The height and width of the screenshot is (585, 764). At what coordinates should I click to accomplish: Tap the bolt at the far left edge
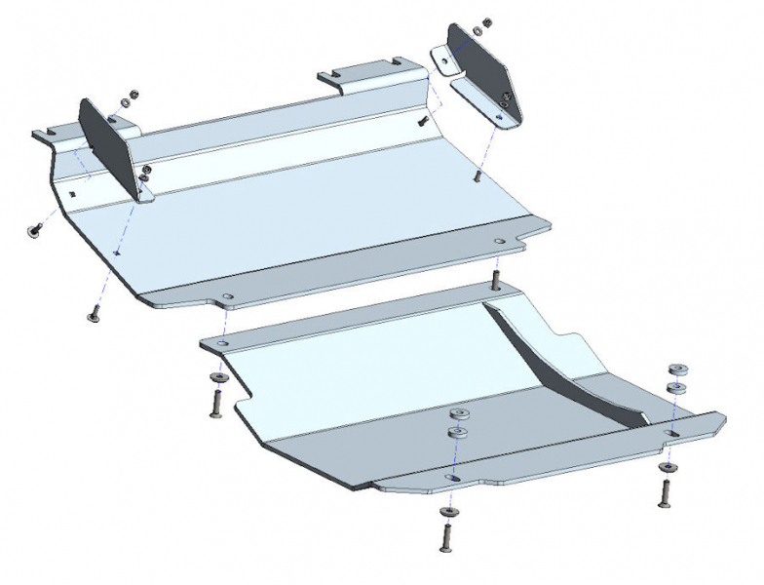pyautogui.click(x=31, y=230)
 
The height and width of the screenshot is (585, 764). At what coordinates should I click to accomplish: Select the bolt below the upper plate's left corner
pyautogui.click(x=95, y=315)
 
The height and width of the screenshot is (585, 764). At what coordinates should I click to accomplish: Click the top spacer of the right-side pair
pyautogui.click(x=675, y=370)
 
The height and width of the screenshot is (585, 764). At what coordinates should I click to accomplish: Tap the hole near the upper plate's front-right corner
pyautogui.click(x=500, y=242)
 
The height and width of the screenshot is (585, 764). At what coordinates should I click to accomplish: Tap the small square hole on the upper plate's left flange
pyautogui.click(x=74, y=193)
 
